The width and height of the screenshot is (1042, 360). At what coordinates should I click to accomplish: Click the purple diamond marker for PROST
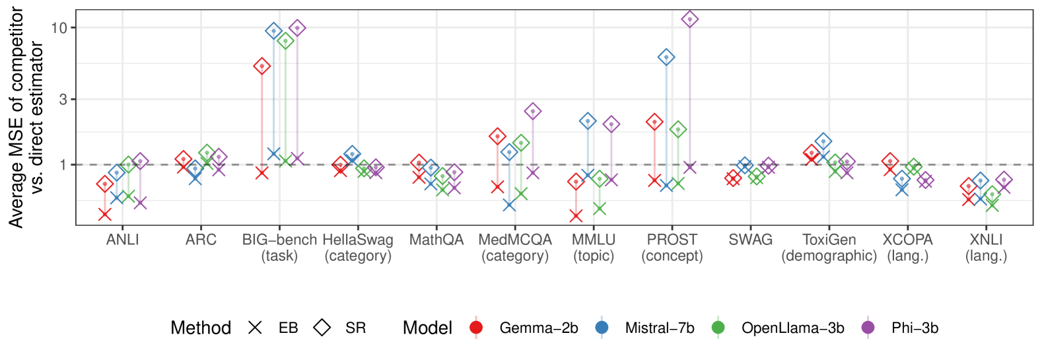coord(690,19)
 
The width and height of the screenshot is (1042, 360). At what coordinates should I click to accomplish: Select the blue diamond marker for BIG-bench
coord(273,31)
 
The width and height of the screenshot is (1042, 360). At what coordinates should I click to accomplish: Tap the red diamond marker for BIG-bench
coord(261,66)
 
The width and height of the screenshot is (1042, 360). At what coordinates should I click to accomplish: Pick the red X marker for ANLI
coord(104,214)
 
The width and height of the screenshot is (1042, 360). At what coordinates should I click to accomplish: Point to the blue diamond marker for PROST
coord(666,57)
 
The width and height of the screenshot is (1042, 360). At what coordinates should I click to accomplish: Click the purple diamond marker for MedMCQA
coord(533,111)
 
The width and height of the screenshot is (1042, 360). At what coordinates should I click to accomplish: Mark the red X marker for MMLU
coord(576,215)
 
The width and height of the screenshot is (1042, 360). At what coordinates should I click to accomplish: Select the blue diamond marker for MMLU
coord(588,121)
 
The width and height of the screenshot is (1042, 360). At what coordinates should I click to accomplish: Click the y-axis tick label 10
coord(59,28)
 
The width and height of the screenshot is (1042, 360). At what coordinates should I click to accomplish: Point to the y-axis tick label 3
coord(63,99)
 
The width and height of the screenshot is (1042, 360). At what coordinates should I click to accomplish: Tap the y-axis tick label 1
coord(63,164)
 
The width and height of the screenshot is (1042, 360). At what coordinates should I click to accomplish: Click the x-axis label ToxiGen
coord(829,240)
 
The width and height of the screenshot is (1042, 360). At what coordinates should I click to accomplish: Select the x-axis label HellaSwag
coord(358,240)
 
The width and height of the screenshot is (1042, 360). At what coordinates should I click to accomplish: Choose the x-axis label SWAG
coord(750,240)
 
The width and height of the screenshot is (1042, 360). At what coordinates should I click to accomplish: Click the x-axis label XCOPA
coord(907,240)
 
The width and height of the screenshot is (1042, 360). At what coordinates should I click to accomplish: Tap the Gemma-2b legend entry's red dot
coord(476,328)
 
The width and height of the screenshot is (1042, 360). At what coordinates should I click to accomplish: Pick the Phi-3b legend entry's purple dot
coord(868,328)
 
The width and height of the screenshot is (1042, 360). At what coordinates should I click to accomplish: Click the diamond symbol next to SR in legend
coord(322,328)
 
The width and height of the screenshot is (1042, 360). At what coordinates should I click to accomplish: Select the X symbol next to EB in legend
coord(255,328)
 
